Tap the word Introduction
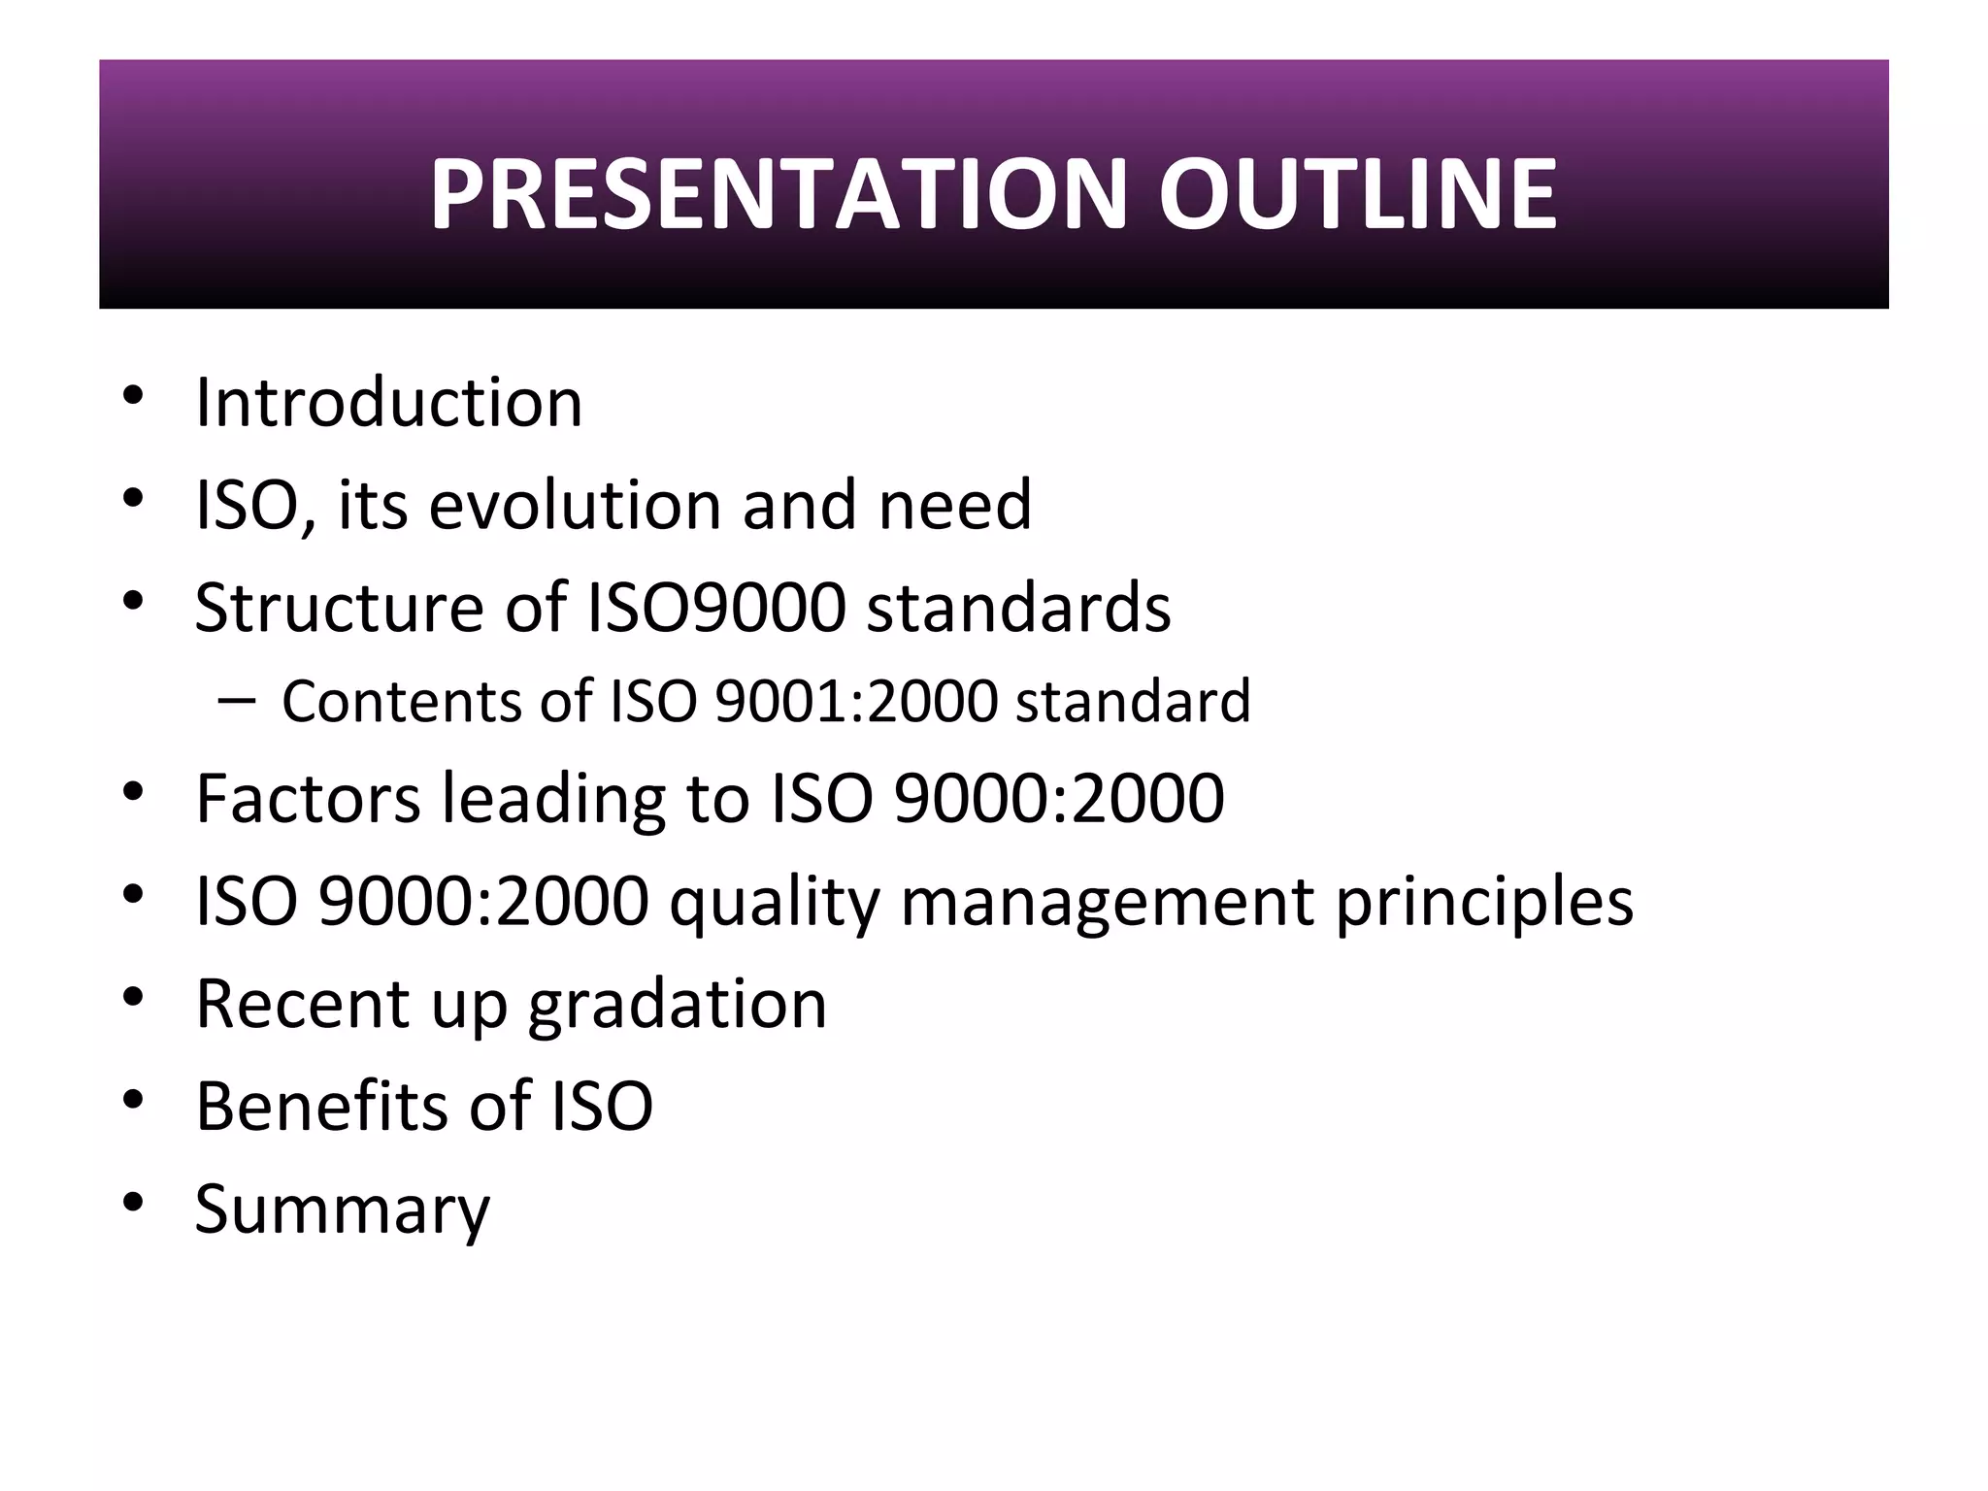pos(388,402)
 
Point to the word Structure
pos(339,608)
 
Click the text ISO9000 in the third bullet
pos(717,608)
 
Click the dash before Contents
pos(238,701)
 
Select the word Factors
pos(308,798)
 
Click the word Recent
pos(302,1004)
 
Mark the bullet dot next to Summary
pos(133,1203)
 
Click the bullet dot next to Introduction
pos(133,395)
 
